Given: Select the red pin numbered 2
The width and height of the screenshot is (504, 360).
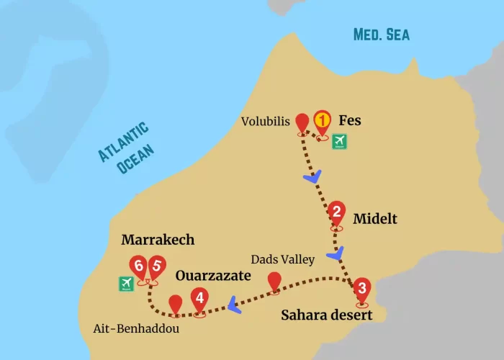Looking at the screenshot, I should [x=336, y=213].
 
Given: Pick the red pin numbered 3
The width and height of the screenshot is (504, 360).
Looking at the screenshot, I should [x=362, y=289].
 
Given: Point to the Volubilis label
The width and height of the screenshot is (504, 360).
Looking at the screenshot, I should [x=266, y=122].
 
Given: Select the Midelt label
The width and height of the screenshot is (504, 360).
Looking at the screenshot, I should [x=375, y=218].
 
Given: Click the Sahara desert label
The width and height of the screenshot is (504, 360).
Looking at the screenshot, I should [x=326, y=315].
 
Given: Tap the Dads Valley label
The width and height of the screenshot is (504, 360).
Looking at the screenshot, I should [x=282, y=258].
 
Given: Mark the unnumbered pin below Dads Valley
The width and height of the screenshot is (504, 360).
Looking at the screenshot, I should [x=274, y=282].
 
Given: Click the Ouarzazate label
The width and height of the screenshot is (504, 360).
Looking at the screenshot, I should [x=213, y=276].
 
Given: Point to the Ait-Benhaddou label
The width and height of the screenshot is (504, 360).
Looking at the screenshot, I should [x=136, y=328].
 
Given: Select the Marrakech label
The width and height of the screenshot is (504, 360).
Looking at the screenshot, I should [x=158, y=240].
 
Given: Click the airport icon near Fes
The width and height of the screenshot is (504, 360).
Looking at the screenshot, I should [x=339, y=143].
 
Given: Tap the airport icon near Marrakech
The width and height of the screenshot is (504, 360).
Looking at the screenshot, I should [x=127, y=284].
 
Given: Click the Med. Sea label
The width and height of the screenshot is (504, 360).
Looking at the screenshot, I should [x=381, y=34].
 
